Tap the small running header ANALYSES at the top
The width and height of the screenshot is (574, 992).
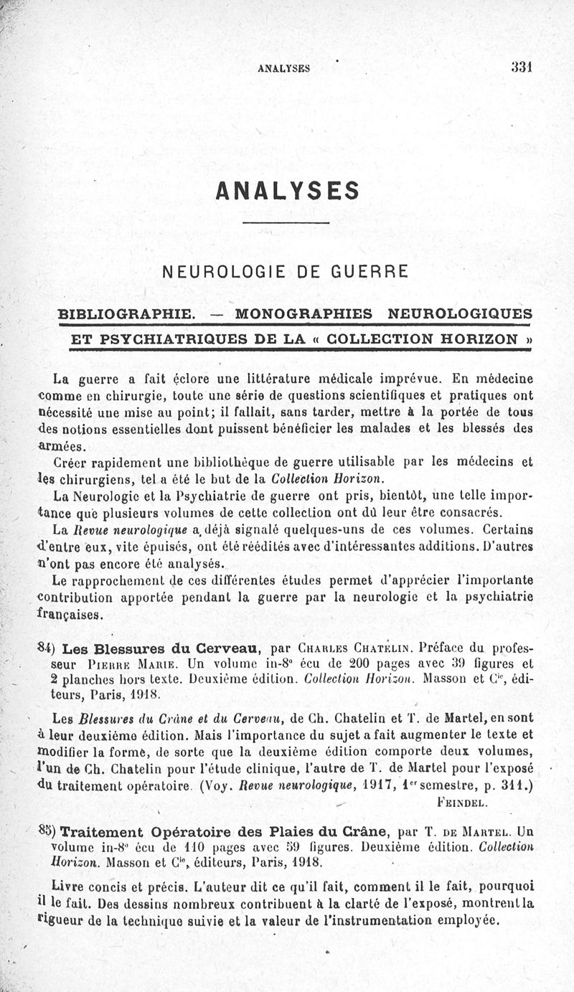pos(283,69)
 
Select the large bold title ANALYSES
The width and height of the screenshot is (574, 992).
pos(286,190)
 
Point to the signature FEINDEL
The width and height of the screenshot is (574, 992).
pos(463,802)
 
